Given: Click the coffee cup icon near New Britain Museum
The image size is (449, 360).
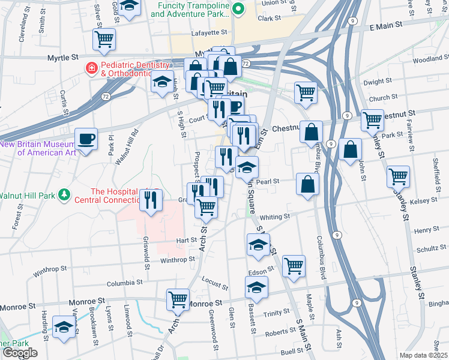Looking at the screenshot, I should (86, 140).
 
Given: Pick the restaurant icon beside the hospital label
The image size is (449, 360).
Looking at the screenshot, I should (151, 200).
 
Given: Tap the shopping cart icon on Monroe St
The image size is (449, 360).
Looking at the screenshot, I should (178, 299).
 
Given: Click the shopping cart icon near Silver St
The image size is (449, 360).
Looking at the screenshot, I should (104, 40).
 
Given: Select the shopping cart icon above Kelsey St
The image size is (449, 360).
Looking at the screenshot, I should (398, 176).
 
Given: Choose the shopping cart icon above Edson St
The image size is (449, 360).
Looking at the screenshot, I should (294, 266).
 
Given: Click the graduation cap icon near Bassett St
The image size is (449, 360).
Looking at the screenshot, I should (256, 289).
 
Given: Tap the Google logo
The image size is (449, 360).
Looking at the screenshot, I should (19, 353).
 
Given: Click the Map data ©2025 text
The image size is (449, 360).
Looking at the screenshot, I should (423, 355).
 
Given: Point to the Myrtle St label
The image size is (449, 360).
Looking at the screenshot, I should (63, 58).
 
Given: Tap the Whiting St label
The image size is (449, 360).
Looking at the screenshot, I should (275, 217).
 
